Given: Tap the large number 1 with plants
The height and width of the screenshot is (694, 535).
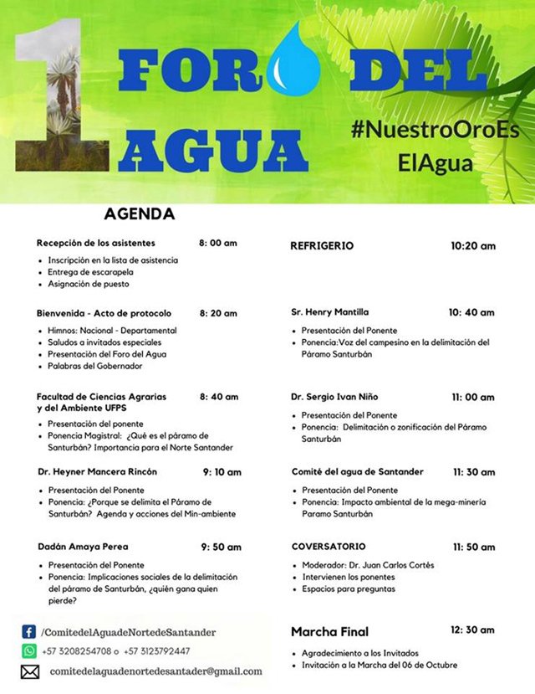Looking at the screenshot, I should coord(64,100).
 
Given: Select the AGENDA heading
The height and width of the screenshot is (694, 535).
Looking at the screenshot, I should coord(140,214).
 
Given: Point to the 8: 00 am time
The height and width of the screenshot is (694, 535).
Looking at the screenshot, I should coord(218,244).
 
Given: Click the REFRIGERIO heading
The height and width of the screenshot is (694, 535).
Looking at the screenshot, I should coord(322,246).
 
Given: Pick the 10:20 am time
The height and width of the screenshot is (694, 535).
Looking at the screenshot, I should coord(473,246).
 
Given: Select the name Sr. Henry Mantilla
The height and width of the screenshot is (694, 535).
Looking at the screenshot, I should coord(330,312).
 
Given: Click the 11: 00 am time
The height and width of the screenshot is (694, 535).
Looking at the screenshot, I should coord(474,397).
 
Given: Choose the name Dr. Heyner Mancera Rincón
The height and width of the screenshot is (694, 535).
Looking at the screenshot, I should coord(98,472).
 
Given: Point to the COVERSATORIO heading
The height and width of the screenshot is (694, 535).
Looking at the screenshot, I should coord(329,547).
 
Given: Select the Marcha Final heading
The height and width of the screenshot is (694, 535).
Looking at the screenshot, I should coord(329,631).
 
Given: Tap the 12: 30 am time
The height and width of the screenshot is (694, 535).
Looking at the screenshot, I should coord(472,630).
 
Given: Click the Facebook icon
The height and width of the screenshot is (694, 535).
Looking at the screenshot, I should coord(29,632).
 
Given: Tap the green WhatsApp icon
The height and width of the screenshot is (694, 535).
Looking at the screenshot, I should coord(29,650).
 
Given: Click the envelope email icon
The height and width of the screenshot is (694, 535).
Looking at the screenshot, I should coord(30,671).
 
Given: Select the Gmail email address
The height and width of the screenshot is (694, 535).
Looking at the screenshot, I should coord(156,671).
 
